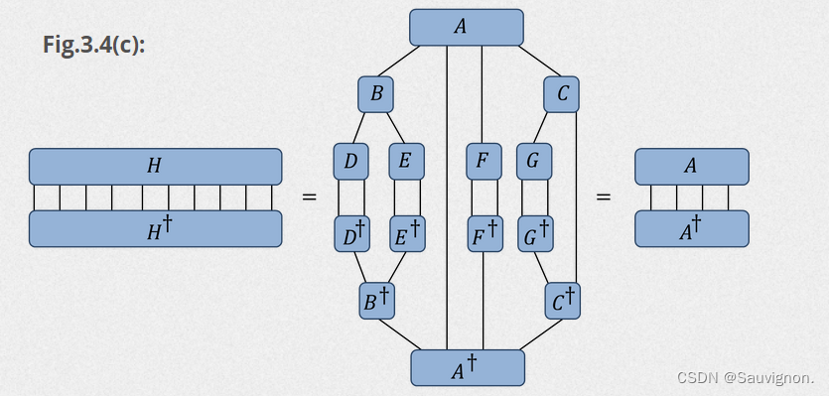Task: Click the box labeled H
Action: coord(155,166)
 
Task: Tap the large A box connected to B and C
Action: coord(466,27)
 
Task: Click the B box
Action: coord(376,95)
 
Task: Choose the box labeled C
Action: coord(561,95)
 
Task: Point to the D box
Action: coord(351,161)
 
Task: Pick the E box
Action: coord(406,161)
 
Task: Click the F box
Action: coord(484,161)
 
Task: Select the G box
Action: coord(534,161)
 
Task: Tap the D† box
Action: coord(351,234)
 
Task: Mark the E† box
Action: coord(406,234)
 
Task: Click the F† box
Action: coord(484,234)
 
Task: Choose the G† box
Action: coord(534,234)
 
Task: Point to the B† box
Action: coord(376,300)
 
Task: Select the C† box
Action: coord(561,300)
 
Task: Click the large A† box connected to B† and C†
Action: coord(466,367)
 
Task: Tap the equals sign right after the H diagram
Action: coord(309,198)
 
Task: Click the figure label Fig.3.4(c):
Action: coord(94,46)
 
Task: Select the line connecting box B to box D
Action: coord(361,128)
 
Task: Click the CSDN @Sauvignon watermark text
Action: coord(745,378)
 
